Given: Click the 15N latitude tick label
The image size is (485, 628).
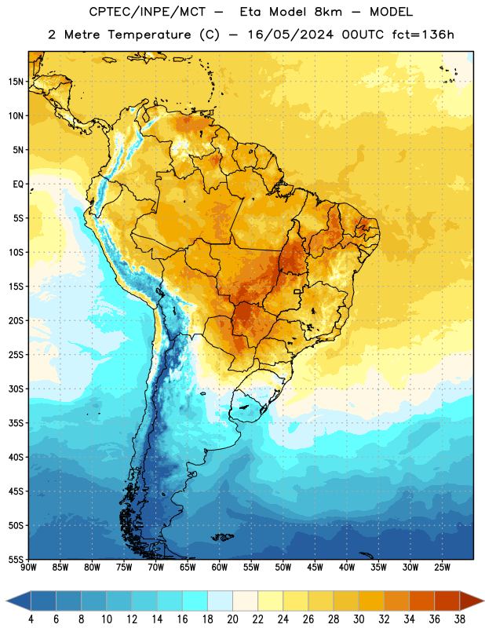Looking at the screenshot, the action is pos(16,82).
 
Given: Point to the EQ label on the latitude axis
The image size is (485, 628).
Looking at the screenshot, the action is pos(18,184).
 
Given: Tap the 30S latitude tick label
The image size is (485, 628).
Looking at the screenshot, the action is pos(16,389).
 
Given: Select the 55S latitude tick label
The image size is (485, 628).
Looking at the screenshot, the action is pos(16,560).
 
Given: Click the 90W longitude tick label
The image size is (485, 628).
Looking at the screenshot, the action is pos(28,567).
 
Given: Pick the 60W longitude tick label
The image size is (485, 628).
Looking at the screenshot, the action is pos(220,567).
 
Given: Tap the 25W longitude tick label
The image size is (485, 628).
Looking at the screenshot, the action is pos(442,567).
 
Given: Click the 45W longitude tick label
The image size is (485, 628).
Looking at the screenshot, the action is pos(315,567).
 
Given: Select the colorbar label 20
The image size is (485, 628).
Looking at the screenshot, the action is pos(232,619).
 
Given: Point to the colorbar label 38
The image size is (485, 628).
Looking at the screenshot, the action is pos(460,619).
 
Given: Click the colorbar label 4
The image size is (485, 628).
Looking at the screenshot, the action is pos(31,619).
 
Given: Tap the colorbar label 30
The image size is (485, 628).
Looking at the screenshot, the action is pos(359,619).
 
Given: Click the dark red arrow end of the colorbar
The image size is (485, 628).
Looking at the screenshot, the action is pos(471,601).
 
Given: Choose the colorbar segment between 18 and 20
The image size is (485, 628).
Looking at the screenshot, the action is pos(221,601).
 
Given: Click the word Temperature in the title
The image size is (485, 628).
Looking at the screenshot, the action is pos(149,35).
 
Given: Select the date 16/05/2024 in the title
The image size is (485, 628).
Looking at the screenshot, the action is pos(290,35).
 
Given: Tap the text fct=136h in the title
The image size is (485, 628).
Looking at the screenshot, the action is pos(423,35).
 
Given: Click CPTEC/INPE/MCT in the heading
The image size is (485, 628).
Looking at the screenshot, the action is pos(147,12).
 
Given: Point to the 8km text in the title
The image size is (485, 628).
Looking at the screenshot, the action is pos(328,12).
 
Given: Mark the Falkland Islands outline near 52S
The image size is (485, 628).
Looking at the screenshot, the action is pos(222,537).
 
